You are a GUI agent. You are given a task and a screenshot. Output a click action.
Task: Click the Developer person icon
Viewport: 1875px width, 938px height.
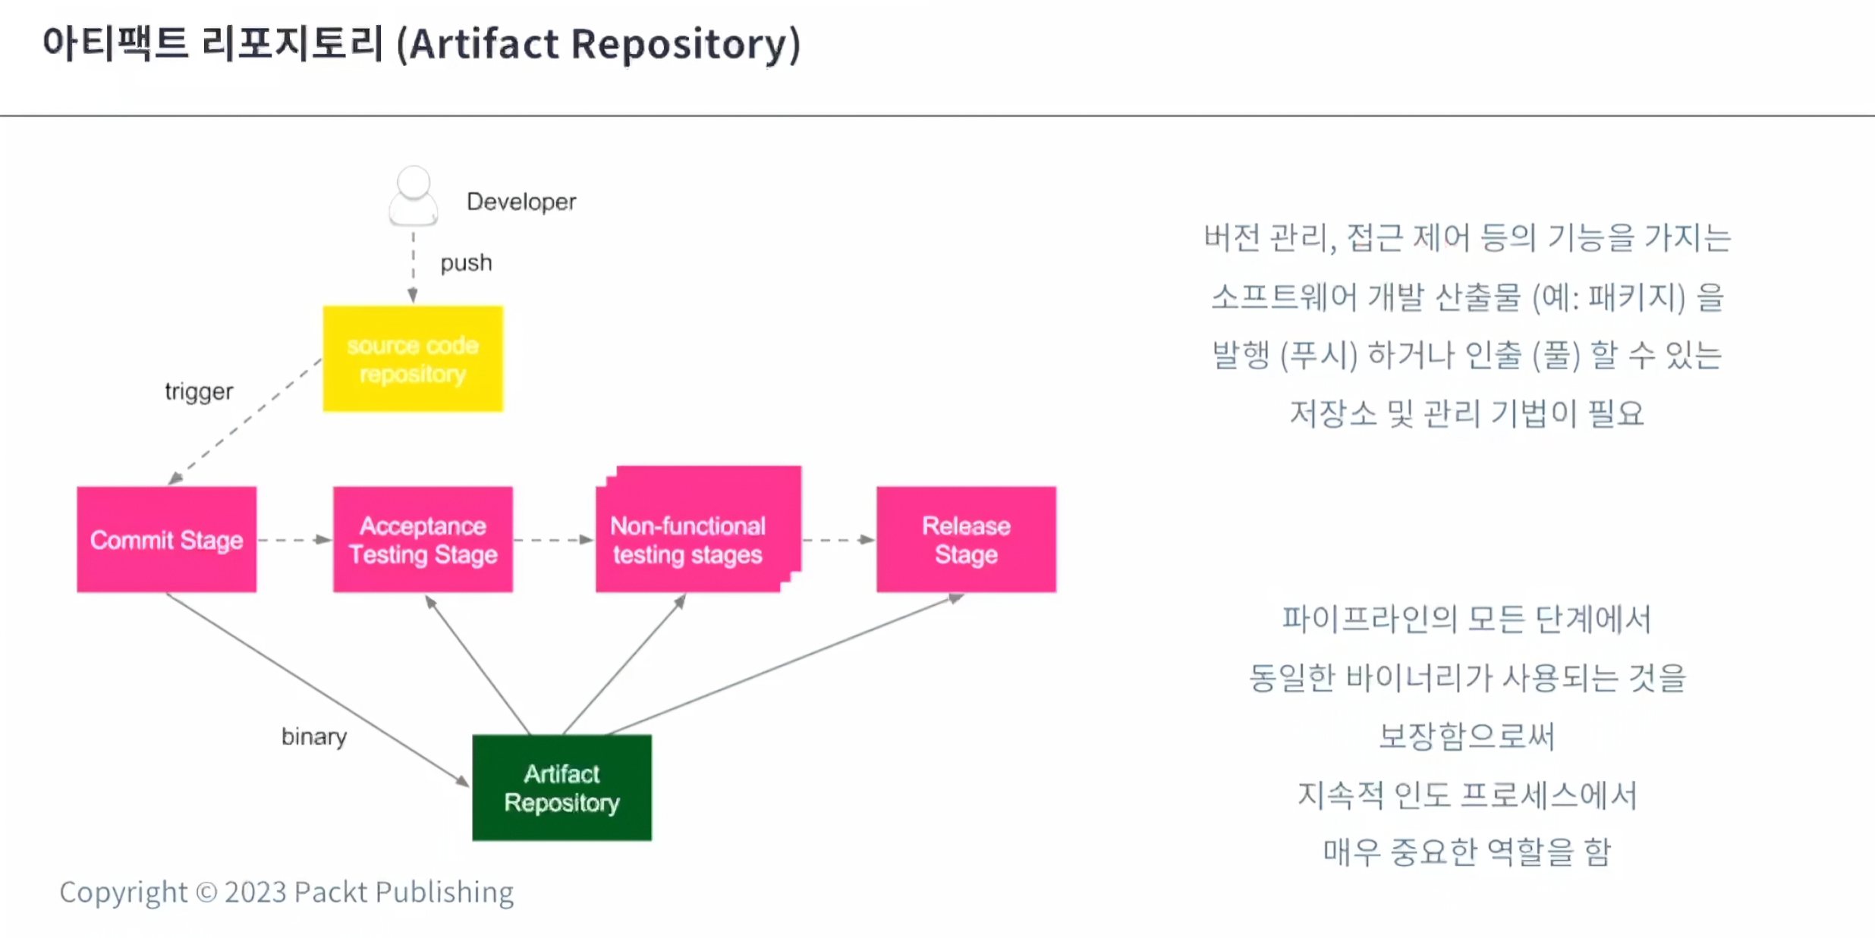[x=414, y=196]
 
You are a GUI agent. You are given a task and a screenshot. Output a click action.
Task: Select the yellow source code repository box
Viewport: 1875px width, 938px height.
[x=413, y=359]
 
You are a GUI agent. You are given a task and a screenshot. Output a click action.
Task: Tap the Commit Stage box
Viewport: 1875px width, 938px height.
[x=167, y=539]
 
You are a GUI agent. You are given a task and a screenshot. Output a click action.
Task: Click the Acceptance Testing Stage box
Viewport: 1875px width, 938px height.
[x=423, y=539]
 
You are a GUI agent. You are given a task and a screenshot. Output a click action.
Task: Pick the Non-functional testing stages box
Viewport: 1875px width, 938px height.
[x=698, y=529]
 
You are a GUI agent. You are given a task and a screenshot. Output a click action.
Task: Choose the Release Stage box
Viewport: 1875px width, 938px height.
[x=966, y=539]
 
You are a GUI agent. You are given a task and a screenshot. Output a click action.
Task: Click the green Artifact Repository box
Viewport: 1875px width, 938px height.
[x=562, y=788]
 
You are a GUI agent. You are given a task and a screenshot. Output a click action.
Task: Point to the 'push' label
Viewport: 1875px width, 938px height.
[x=466, y=263]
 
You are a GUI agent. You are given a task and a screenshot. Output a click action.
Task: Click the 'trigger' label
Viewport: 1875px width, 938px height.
[x=199, y=392]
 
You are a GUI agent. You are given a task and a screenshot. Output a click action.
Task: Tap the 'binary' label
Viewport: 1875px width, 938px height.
[x=314, y=736]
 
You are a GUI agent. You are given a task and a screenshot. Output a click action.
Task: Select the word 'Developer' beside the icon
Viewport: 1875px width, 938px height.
[x=521, y=202]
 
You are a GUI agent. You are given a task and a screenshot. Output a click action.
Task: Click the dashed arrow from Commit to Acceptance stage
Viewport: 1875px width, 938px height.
[x=295, y=540]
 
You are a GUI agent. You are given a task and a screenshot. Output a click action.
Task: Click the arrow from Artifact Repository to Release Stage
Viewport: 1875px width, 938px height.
[x=786, y=664]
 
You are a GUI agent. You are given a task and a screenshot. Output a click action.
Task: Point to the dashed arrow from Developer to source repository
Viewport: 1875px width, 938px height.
[x=413, y=267]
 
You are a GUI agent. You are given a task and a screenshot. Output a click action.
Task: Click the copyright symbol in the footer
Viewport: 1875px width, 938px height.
[x=206, y=893]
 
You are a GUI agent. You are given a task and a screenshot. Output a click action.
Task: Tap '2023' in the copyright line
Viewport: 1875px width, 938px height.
[x=256, y=893]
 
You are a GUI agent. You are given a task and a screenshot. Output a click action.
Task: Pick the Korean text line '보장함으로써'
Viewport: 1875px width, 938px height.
[x=1467, y=736]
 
